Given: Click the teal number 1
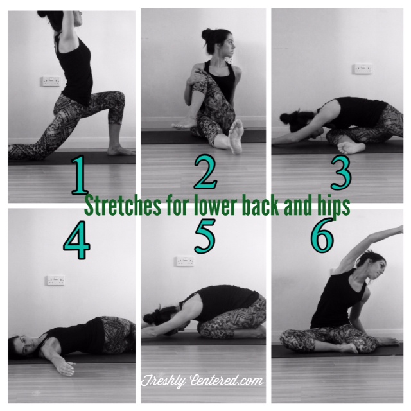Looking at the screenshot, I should [x=79, y=177].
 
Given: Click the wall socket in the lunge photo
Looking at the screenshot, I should [x=50, y=82].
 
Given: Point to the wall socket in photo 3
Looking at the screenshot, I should [x=362, y=69].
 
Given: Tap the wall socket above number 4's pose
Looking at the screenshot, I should [x=55, y=281].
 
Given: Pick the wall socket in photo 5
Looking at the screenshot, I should [x=184, y=262].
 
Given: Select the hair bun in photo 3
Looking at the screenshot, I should [x=287, y=118].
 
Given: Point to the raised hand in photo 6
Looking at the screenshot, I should [x=398, y=229].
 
